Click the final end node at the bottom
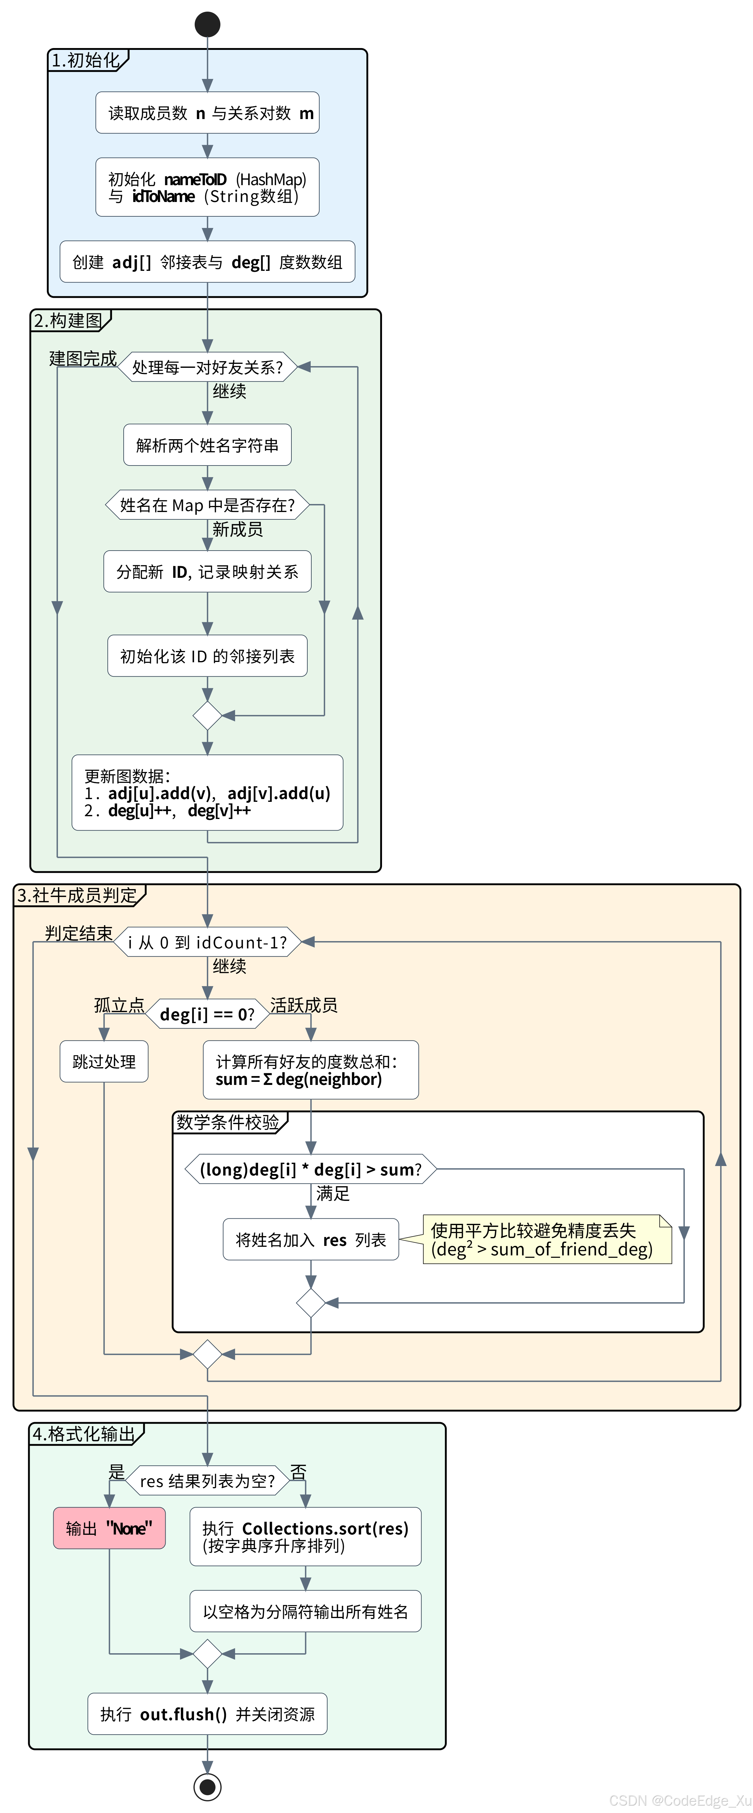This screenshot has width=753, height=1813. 207,1786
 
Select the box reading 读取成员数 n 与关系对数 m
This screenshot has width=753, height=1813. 207,113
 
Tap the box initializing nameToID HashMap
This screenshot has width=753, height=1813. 207,187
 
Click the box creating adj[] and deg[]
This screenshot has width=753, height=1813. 207,262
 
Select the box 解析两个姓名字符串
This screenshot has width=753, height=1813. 207,445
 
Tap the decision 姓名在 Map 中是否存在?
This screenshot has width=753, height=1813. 207,505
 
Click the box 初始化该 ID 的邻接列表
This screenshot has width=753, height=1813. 207,656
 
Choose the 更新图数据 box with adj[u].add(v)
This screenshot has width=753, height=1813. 207,792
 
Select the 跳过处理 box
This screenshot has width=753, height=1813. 104,1061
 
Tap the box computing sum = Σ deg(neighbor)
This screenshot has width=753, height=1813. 310,1070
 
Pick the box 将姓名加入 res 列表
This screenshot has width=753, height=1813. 310,1239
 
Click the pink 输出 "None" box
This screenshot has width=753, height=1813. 109,1528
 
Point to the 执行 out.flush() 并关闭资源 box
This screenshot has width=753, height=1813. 207,1714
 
